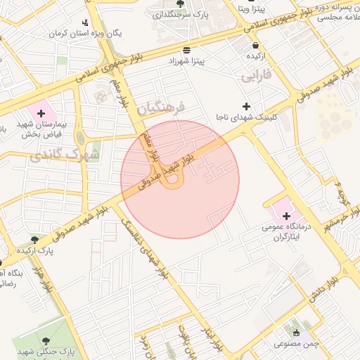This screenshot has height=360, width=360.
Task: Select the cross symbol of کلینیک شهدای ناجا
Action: (x=245, y=105)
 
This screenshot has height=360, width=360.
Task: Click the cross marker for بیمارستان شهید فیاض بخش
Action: (x=41, y=113)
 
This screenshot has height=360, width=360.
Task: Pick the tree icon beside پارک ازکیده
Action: (x=34, y=240)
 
